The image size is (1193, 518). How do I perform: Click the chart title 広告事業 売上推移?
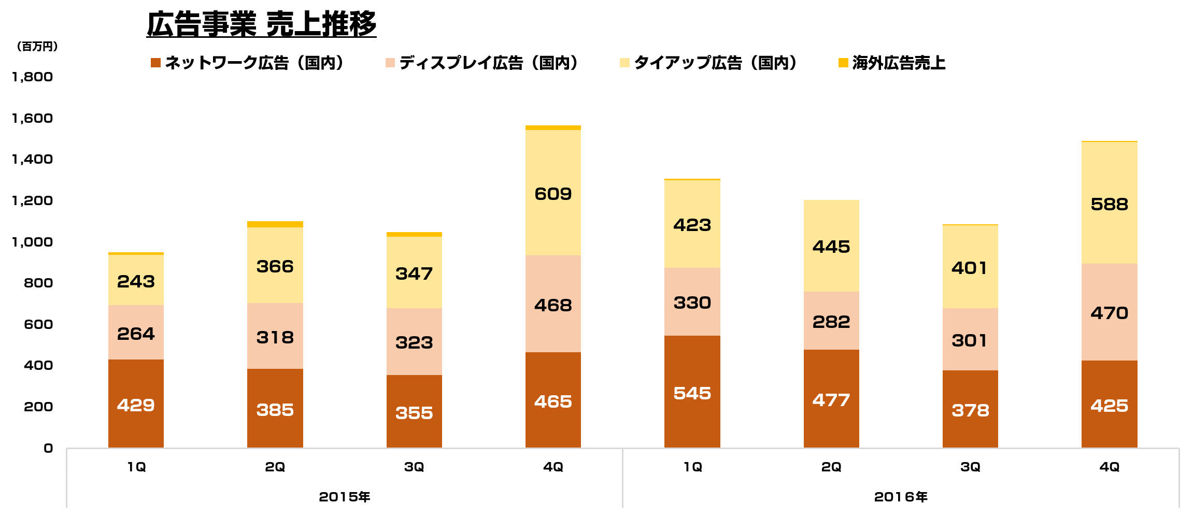coord(261,24)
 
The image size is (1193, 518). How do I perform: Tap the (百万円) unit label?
coord(37,47)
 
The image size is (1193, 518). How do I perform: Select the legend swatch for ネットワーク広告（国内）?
coord(155,63)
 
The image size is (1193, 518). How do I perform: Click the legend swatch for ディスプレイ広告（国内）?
coord(390,63)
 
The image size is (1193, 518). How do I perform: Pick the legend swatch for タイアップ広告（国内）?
coord(624,63)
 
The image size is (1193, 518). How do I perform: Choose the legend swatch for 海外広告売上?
coord(843,63)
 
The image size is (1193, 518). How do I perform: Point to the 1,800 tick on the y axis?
coord(32,77)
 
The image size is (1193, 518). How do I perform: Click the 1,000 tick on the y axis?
coord(32,242)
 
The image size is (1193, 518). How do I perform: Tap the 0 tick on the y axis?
coord(48,448)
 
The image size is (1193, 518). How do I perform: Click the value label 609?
coord(553,194)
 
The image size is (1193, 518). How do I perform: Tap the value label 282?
coord(831,322)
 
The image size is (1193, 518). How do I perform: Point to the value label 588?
coord(1109,204)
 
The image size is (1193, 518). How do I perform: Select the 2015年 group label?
coord(344,497)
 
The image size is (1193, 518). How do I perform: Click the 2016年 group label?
coord(900,497)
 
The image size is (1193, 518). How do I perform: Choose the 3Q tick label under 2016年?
coord(970,467)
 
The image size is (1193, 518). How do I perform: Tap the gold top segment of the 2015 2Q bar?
coord(275,224)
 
